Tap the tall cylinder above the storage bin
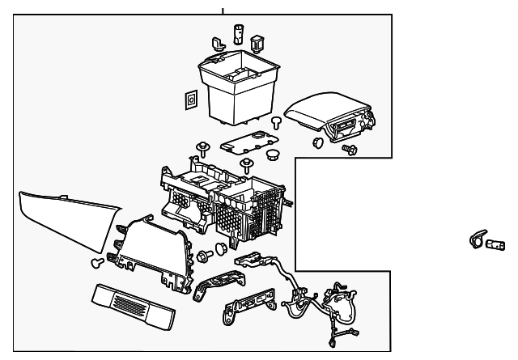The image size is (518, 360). (239, 35)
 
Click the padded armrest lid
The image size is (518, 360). (328, 112)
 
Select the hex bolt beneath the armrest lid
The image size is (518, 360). (350, 150)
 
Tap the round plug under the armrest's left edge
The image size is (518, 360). (316, 143)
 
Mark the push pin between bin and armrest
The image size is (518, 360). (276, 123)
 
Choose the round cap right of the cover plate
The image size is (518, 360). (273, 155)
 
